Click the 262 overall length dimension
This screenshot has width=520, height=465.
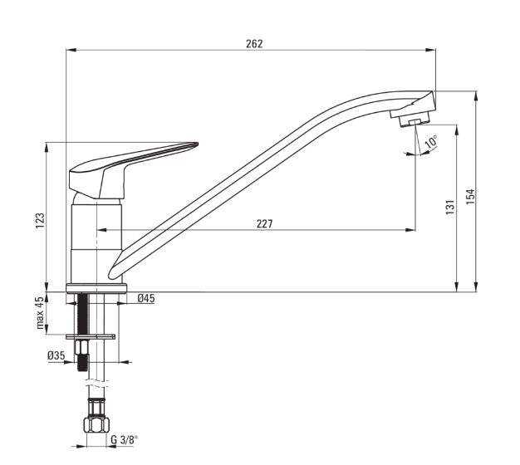(254, 44)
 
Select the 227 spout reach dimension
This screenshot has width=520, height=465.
(264, 224)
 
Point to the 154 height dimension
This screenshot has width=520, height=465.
(470, 196)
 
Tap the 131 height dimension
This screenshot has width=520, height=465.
(450, 207)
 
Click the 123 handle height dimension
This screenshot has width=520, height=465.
(40, 220)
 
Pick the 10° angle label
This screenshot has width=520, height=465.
(431, 141)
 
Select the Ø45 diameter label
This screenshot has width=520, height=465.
(146, 298)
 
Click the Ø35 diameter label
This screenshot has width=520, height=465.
(56, 356)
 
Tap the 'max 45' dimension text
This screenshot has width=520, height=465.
(40, 313)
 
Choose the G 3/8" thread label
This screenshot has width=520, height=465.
(124, 440)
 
